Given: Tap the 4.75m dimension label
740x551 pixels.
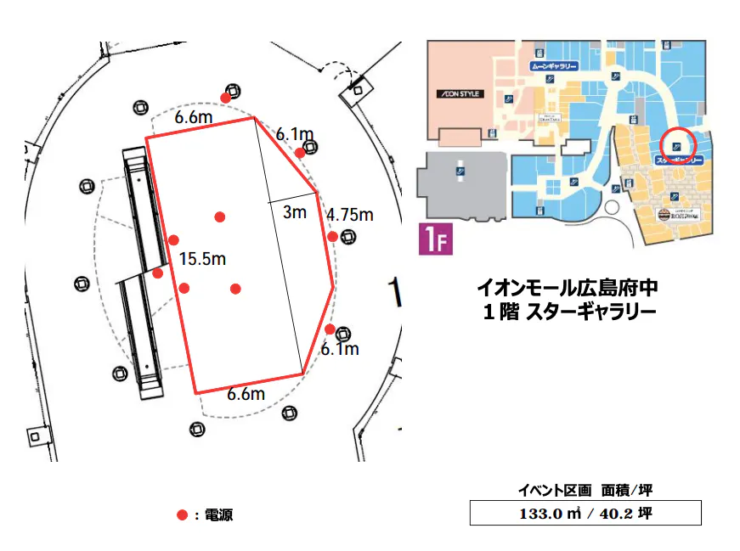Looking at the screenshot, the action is point(350,215).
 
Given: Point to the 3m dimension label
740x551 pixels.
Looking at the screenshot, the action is point(294,212).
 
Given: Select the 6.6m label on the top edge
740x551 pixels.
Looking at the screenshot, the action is point(194,117).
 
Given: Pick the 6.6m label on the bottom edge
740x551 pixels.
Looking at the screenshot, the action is point(246,393).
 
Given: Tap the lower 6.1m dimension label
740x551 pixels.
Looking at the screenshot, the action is point(340,349).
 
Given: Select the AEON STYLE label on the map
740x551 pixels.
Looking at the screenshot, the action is point(460,93).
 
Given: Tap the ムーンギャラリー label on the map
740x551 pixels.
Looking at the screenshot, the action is point(553,65).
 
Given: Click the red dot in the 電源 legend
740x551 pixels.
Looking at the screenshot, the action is point(182,514).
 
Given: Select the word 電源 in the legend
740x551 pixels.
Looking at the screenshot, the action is point(219,514).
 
